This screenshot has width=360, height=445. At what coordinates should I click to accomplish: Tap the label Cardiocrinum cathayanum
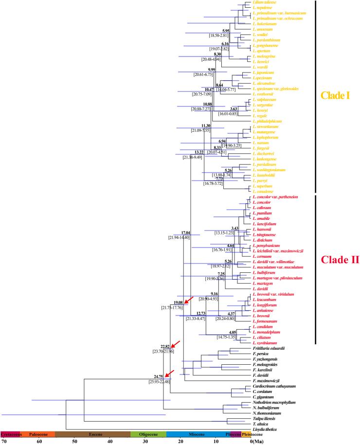(273, 386)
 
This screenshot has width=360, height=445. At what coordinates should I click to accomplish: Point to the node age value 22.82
(167, 346)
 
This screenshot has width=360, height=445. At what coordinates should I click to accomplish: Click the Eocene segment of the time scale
(93, 434)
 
